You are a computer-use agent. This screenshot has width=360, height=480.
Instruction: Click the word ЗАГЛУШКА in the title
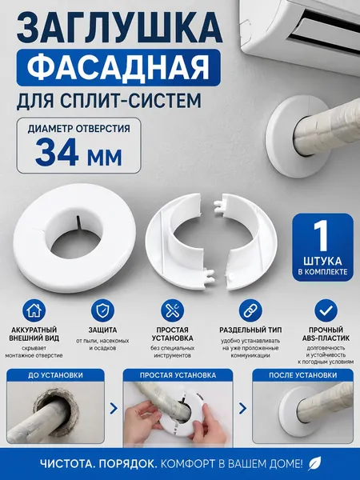tap(119, 26)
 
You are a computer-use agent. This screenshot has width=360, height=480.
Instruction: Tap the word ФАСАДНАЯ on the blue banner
tap(118, 67)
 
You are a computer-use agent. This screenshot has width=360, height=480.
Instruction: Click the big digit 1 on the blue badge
tap(322, 236)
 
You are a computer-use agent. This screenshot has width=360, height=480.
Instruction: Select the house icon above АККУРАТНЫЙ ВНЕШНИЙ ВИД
tap(34, 310)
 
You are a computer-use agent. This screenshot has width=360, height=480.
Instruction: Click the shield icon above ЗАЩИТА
tap(103, 310)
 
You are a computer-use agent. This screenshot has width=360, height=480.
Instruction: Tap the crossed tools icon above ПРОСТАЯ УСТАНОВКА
tap(172, 310)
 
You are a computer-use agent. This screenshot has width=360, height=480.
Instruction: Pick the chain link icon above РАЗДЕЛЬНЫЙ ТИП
tap(250, 310)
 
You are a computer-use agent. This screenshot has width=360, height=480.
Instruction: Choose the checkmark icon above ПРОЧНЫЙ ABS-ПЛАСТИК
tap(326, 310)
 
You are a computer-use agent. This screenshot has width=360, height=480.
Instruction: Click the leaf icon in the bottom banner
tap(314, 463)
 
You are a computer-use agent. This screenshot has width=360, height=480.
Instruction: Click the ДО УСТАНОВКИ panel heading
tap(55, 375)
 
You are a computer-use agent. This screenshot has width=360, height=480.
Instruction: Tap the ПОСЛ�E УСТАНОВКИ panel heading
tap(302, 375)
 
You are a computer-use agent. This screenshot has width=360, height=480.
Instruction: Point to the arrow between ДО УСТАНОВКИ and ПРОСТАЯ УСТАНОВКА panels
tap(114, 408)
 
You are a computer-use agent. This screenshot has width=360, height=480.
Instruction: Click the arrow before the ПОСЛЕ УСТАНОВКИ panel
tap(242, 408)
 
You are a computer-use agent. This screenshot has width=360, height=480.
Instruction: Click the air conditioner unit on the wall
tap(300, 34)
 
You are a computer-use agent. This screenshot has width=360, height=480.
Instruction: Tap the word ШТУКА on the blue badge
tap(322, 261)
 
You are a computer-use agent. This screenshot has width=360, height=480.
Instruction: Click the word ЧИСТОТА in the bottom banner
tap(66, 464)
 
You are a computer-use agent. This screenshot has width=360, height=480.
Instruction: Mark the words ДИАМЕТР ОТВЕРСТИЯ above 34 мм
tap(79, 129)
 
